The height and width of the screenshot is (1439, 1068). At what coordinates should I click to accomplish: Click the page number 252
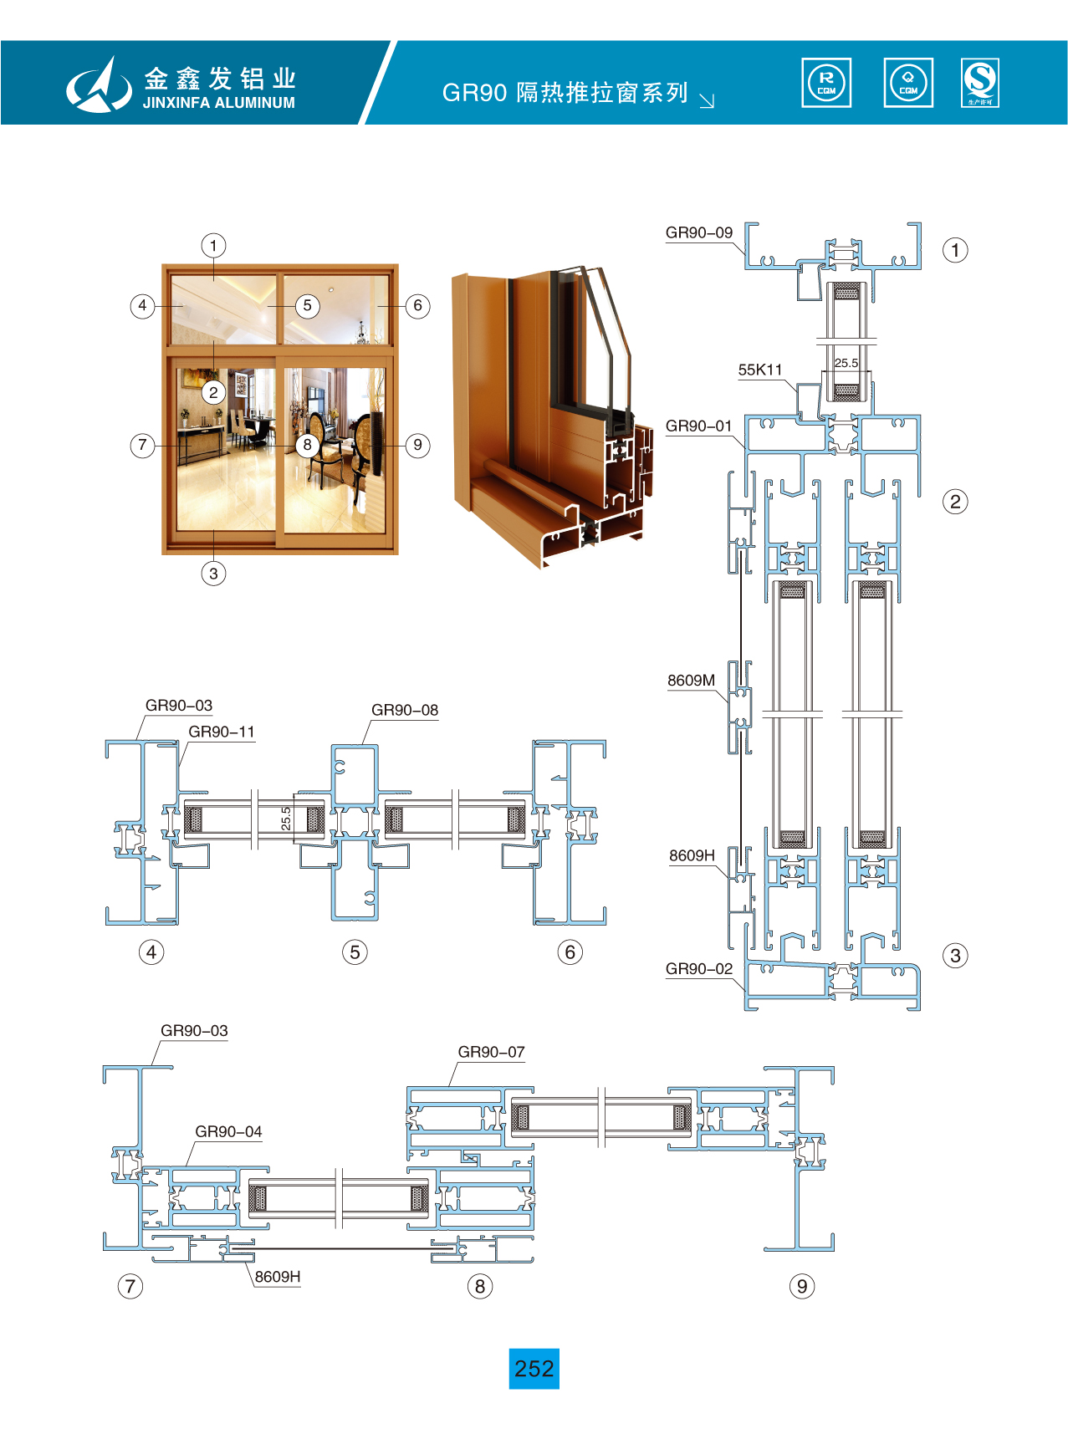[x=534, y=1368]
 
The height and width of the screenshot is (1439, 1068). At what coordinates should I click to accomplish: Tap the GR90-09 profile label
[x=698, y=232]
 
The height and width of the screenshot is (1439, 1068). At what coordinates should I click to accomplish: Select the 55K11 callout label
[x=759, y=370]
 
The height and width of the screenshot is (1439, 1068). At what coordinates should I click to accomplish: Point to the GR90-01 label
[x=698, y=426]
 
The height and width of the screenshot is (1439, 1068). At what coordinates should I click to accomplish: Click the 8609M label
[x=691, y=681]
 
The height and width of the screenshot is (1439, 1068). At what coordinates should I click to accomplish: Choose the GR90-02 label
[x=698, y=969]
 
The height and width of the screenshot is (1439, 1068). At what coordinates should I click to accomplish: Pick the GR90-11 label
[x=221, y=732]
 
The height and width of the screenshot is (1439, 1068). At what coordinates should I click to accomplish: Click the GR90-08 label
[x=404, y=710]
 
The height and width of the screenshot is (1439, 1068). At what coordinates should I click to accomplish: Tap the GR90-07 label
[x=491, y=1052]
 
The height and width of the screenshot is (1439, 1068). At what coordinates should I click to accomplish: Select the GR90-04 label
[x=228, y=1131]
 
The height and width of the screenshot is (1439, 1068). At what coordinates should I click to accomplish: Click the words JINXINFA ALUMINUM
[x=218, y=103]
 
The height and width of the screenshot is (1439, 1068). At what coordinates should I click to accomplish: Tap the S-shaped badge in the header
[x=979, y=83]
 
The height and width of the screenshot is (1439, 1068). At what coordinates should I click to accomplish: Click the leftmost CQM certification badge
[x=825, y=83]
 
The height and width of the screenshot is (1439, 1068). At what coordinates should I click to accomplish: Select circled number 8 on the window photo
[x=308, y=445]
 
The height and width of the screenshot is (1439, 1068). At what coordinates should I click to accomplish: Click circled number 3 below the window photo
[x=213, y=574]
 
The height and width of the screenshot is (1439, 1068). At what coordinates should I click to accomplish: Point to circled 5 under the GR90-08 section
[x=355, y=952]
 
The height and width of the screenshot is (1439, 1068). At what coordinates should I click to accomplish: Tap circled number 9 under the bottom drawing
[x=801, y=1286]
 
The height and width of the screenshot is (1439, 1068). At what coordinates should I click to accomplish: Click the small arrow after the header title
[x=707, y=101]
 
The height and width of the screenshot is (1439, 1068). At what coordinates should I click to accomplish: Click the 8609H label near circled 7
[x=278, y=1277]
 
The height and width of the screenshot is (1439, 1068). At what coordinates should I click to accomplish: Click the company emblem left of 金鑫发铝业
[x=99, y=84]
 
